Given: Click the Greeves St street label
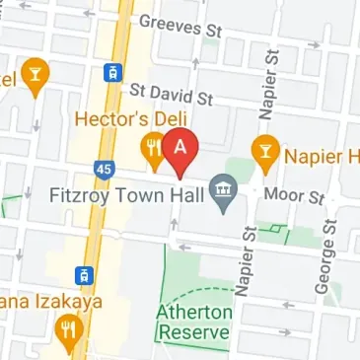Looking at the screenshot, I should pos(180,26).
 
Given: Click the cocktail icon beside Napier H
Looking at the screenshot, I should pos(264,150).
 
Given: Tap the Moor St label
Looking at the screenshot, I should pos(302,197).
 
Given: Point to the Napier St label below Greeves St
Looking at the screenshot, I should pos(266,82).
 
